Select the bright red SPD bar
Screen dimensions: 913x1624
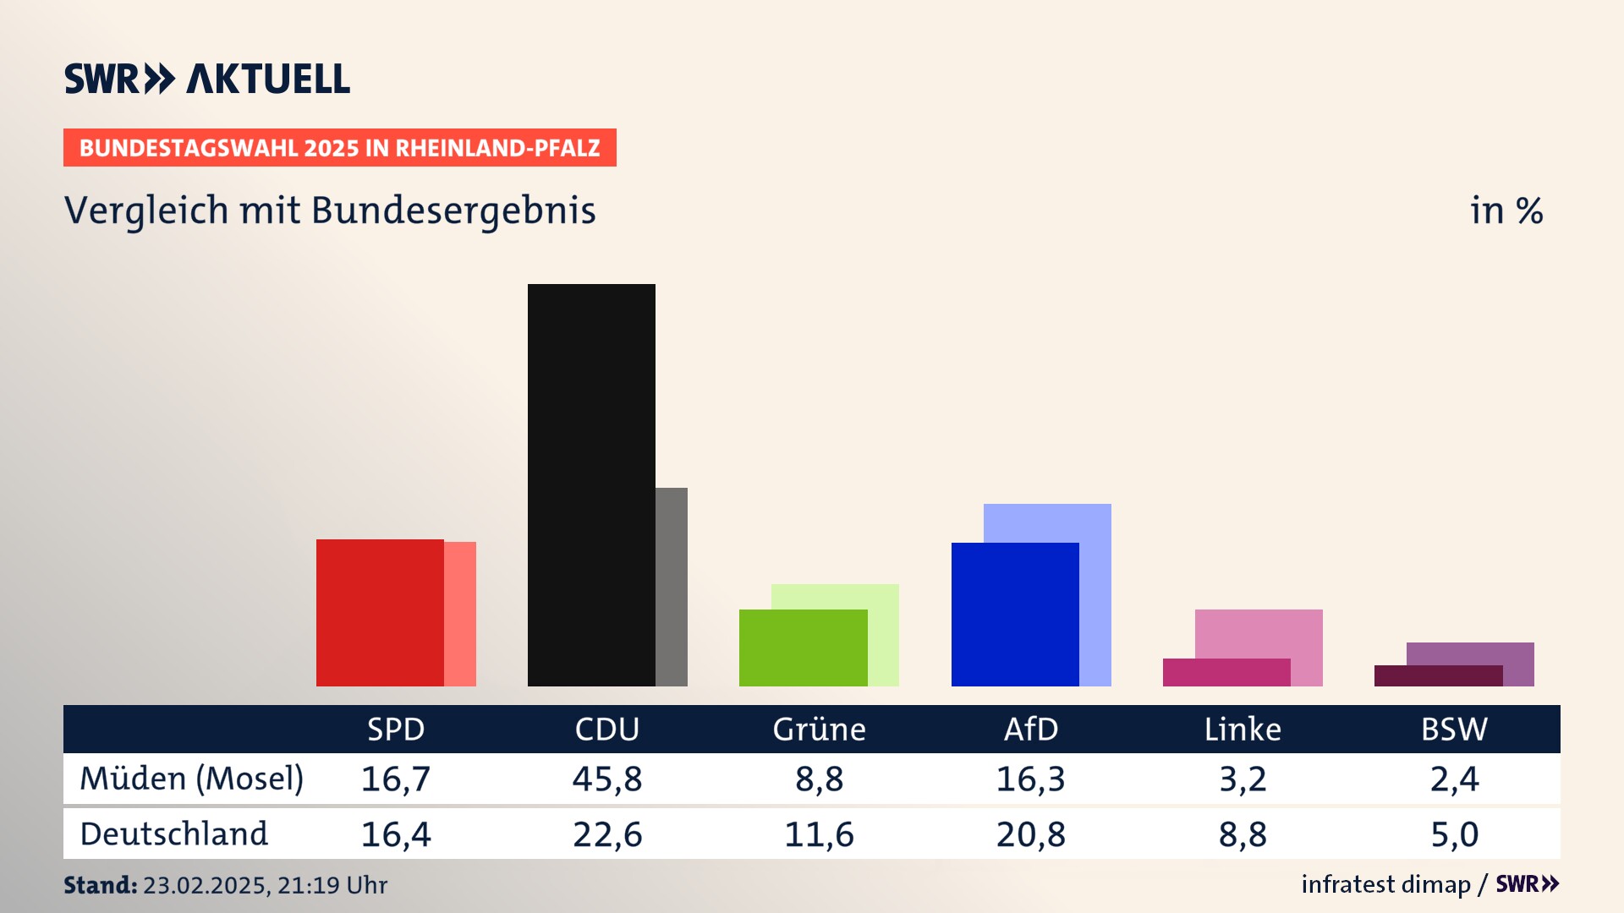380,612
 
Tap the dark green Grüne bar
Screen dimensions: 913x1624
803,648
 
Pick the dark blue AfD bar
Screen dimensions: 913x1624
1015,614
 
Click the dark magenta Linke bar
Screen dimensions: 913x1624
1226,672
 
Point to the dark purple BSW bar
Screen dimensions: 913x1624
1438,675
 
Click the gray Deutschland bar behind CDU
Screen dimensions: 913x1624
672,587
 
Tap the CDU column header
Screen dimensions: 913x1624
607,729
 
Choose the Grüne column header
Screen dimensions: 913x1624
819,729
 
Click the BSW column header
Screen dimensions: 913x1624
1454,729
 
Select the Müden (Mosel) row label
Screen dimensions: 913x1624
191,779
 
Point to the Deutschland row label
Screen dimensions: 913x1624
173,834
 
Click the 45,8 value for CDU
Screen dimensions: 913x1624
607,779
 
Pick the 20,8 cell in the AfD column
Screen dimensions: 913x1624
1030,834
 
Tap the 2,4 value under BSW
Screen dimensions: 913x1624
1454,779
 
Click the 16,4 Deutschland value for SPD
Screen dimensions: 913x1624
396,834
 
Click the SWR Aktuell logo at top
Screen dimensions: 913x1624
207,79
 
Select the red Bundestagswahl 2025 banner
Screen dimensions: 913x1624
339,148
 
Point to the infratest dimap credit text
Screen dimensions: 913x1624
1385,884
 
